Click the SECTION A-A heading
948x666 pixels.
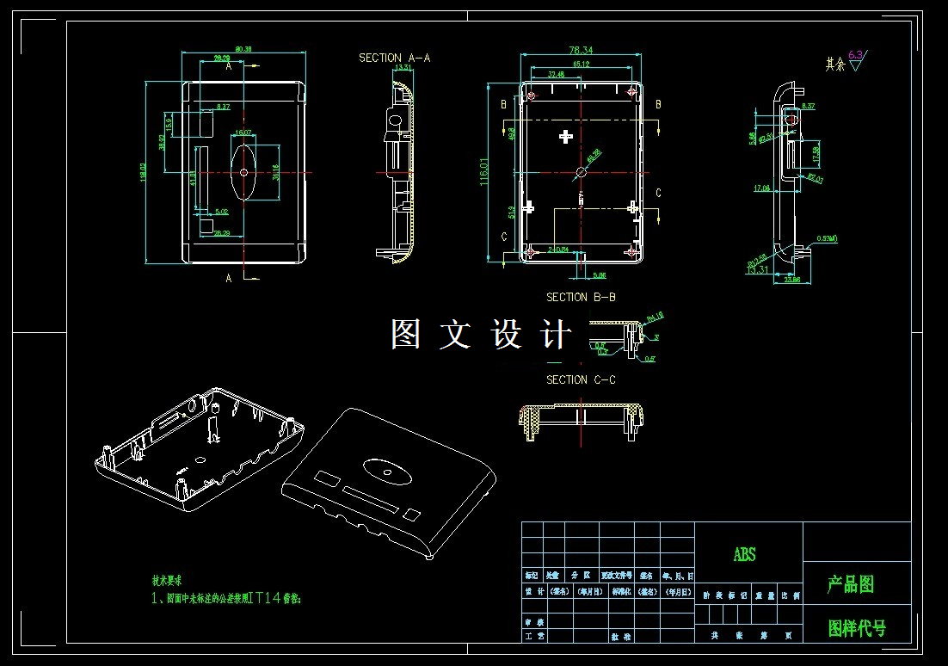(x=394, y=58)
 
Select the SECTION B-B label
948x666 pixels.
(x=581, y=297)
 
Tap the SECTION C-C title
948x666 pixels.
(x=581, y=379)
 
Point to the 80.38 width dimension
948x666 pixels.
(x=243, y=49)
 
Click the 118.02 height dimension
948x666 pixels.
(x=143, y=172)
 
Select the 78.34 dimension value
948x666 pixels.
(x=582, y=51)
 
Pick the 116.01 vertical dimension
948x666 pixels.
(x=484, y=171)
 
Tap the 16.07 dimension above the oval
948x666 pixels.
(x=243, y=133)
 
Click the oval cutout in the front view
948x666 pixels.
(x=243, y=171)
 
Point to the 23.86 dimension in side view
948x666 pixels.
(x=791, y=280)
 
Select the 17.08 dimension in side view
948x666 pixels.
(x=761, y=188)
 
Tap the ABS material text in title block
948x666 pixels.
(x=745, y=555)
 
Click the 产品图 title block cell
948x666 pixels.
(x=851, y=585)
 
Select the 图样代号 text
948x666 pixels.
(x=856, y=628)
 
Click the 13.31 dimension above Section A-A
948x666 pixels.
(x=401, y=66)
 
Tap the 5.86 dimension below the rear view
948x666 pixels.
(x=600, y=275)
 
